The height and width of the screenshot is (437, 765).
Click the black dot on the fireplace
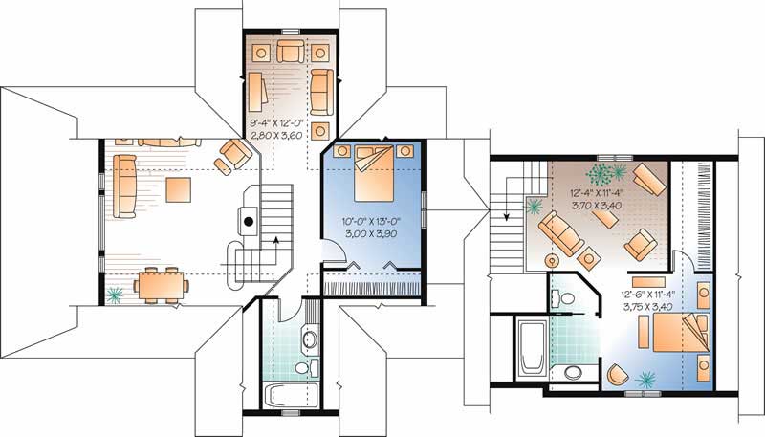click(x=248, y=221)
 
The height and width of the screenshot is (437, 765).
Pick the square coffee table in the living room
click(x=179, y=188)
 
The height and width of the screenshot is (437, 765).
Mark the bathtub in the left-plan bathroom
click(x=281, y=395)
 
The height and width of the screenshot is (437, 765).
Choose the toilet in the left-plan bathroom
click(x=304, y=366)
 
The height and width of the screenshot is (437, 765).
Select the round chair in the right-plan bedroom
click(x=618, y=375)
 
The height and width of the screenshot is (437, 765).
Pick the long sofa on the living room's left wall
click(x=126, y=185)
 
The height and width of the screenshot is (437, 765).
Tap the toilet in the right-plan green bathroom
click(x=574, y=372)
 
